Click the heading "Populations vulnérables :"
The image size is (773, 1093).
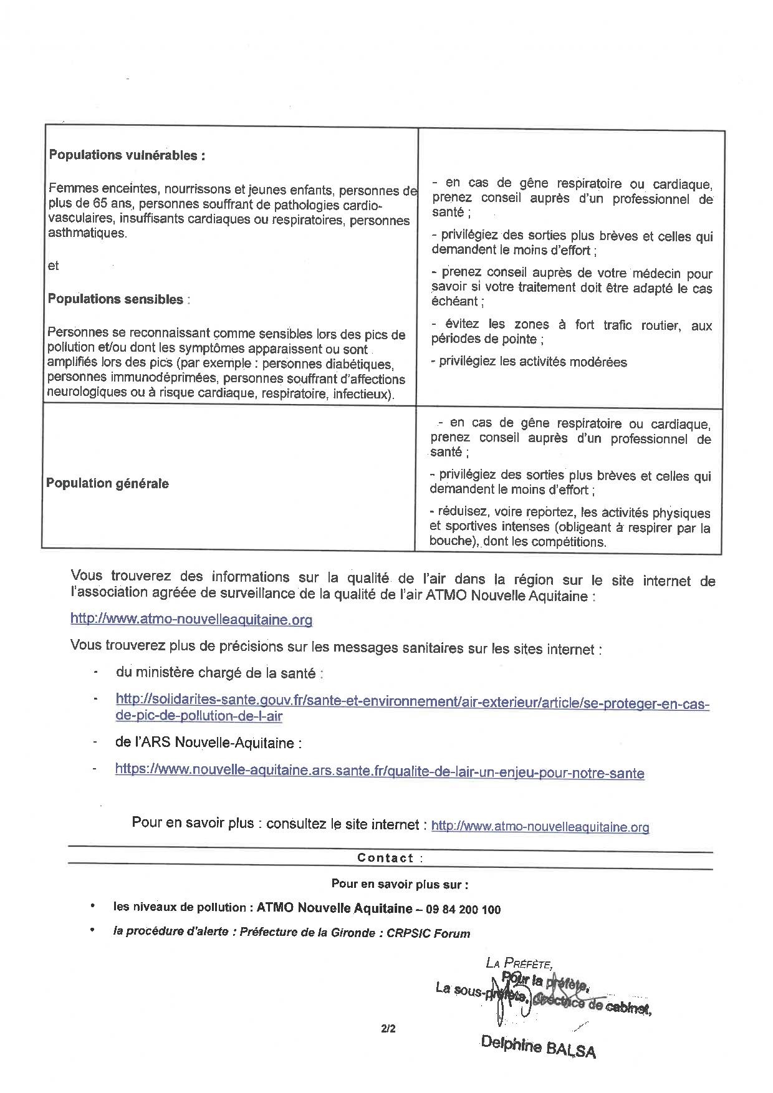pyautogui.click(x=127, y=155)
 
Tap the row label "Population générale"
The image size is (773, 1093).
pyautogui.click(x=107, y=483)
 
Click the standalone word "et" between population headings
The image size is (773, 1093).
pyautogui.click(x=54, y=266)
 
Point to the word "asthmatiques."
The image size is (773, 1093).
pyautogui.click(x=87, y=234)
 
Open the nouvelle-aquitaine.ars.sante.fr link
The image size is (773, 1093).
pyautogui.click(x=380, y=772)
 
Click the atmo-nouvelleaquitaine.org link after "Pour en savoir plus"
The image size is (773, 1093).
pyautogui.click(x=540, y=827)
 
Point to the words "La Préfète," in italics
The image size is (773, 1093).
pyautogui.click(x=519, y=963)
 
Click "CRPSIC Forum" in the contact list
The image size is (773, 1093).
pyautogui.click(x=428, y=933)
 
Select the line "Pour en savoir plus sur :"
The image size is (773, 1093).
pyautogui.click(x=400, y=884)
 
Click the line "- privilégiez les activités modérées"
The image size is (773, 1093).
pyautogui.click(x=529, y=362)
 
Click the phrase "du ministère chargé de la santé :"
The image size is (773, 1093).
pyautogui.click(x=219, y=673)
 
